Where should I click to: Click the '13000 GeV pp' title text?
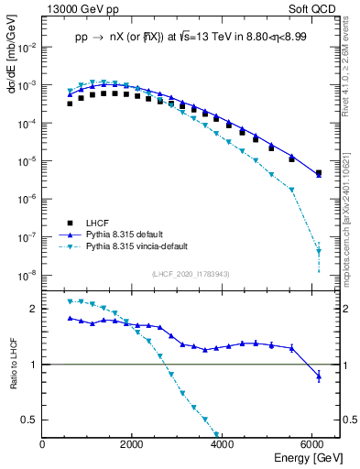coord(81,8)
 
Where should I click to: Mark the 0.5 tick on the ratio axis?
coord(30,420)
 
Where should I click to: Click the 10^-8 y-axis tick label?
coord(27,274)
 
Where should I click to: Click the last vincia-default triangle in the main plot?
coord(318,250)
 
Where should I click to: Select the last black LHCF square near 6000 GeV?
coord(318,172)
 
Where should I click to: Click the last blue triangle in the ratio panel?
coord(318,376)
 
